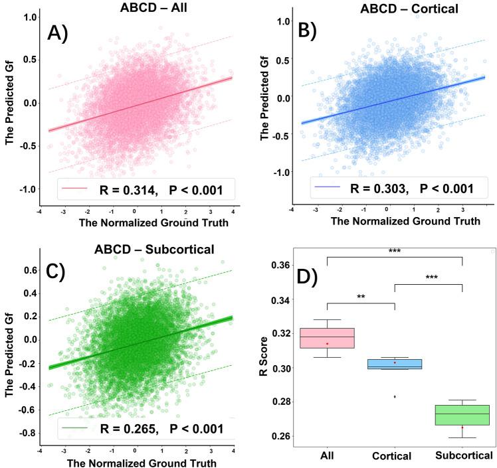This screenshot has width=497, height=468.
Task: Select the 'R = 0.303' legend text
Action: tap(379, 189)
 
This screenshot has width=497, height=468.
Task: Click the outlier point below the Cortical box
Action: tap(395, 396)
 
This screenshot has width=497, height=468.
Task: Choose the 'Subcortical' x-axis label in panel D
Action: tap(462, 456)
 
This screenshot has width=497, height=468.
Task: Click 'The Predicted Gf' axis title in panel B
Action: tap(266, 99)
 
